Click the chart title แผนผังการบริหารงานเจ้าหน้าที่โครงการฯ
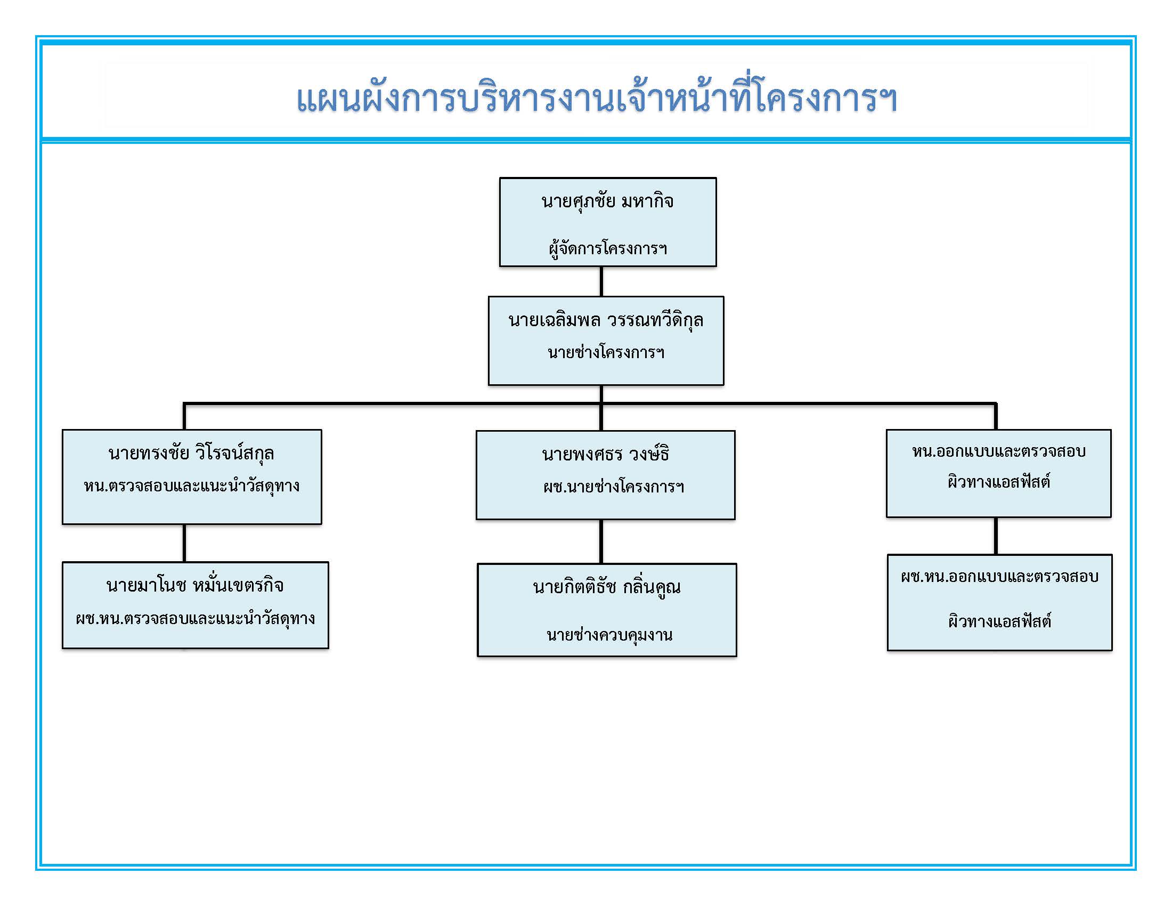[x=597, y=99]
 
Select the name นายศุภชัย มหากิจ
[x=607, y=202]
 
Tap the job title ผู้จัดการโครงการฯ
[x=607, y=248]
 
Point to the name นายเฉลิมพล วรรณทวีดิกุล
[x=606, y=320]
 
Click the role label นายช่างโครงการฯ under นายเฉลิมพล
[x=606, y=353]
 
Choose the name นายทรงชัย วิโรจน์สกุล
[x=192, y=454]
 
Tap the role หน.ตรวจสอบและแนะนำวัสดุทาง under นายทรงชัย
[x=192, y=486]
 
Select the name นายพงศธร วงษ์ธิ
[x=605, y=455]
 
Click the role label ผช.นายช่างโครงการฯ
[x=613, y=487]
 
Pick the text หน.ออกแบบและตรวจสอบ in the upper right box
[x=999, y=451]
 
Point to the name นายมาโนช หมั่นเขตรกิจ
[x=195, y=585]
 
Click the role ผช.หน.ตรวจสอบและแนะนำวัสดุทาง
[x=196, y=619]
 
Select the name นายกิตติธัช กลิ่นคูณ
[x=607, y=587]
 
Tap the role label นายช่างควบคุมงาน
[x=609, y=635]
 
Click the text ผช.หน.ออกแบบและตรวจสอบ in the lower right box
[x=1000, y=577]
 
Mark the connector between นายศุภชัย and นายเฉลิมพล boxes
[x=601, y=281]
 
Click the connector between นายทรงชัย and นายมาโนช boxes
[x=184, y=543]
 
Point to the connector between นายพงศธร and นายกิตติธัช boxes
[x=601, y=541]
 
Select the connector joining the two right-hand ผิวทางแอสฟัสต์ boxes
[x=996, y=536]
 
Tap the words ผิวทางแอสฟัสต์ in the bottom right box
[x=1000, y=621]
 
